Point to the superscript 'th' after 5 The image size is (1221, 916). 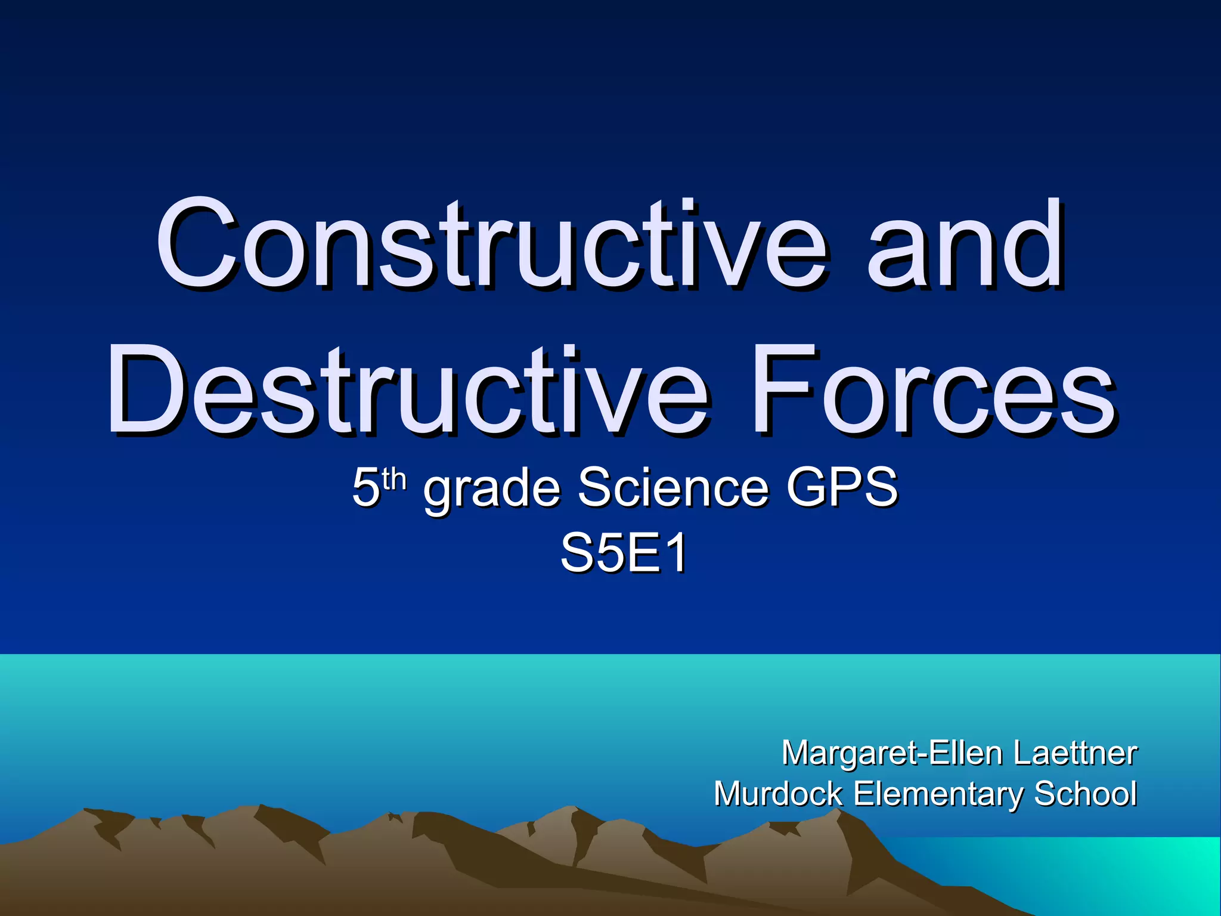coord(394,479)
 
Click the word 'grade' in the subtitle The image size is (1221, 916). coord(492,488)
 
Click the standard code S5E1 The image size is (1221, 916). coord(624,553)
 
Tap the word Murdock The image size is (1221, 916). coord(778,794)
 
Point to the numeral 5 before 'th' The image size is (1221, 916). coord(365,488)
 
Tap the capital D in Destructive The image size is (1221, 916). coord(140,391)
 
